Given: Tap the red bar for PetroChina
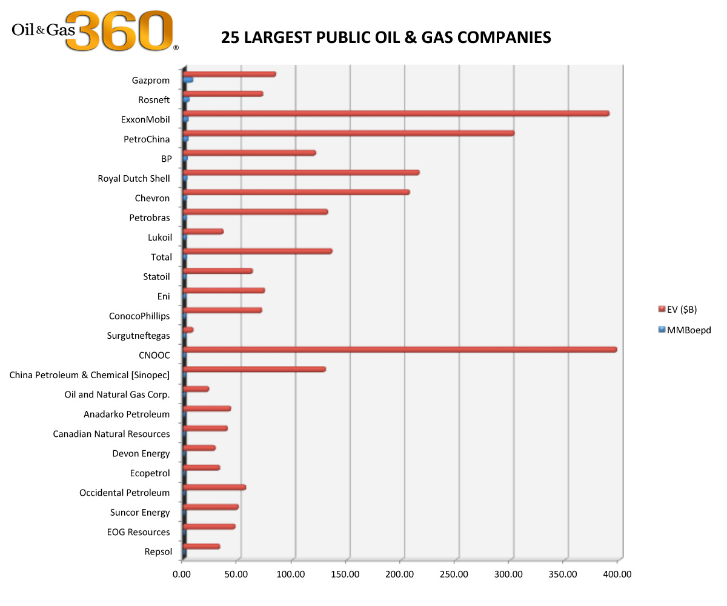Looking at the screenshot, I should click(x=348, y=133).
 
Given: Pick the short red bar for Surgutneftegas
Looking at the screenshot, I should click(x=188, y=330).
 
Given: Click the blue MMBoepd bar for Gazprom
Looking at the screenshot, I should click(x=188, y=79).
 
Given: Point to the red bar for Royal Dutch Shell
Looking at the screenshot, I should click(x=300, y=173).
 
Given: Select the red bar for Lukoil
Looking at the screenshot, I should click(x=202, y=231).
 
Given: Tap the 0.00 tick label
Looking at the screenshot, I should click(x=182, y=574).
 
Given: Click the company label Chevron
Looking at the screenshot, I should click(x=152, y=198).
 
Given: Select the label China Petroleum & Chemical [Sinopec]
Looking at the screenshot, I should click(x=90, y=375).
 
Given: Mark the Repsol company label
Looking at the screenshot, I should click(x=158, y=551).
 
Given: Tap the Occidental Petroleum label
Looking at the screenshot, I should click(x=124, y=493).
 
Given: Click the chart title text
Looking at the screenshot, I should click(x=386, y=38).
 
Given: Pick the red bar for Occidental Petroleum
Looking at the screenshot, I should click(x=214, y=487).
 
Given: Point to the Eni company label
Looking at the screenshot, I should click(x=163, y=296).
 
